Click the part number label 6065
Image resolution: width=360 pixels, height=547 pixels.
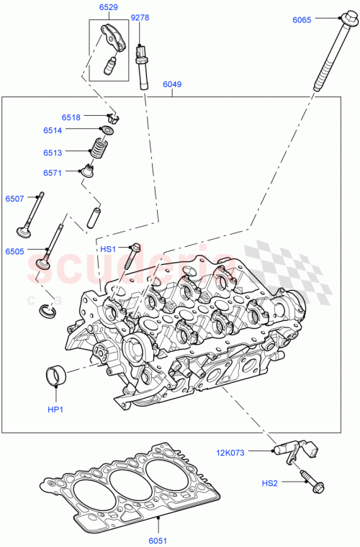(x=302, y=20)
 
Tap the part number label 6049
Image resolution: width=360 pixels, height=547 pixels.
(x=171, y=84)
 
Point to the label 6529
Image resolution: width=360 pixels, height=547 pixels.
(x=109, y=6)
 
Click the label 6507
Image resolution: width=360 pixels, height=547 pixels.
(x=15, y=199)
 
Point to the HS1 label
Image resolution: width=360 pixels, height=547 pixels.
(x=107, y=248)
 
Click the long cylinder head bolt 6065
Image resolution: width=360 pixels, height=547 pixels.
(x=328, y=58)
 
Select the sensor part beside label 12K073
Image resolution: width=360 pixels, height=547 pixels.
(x=292, y=450)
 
